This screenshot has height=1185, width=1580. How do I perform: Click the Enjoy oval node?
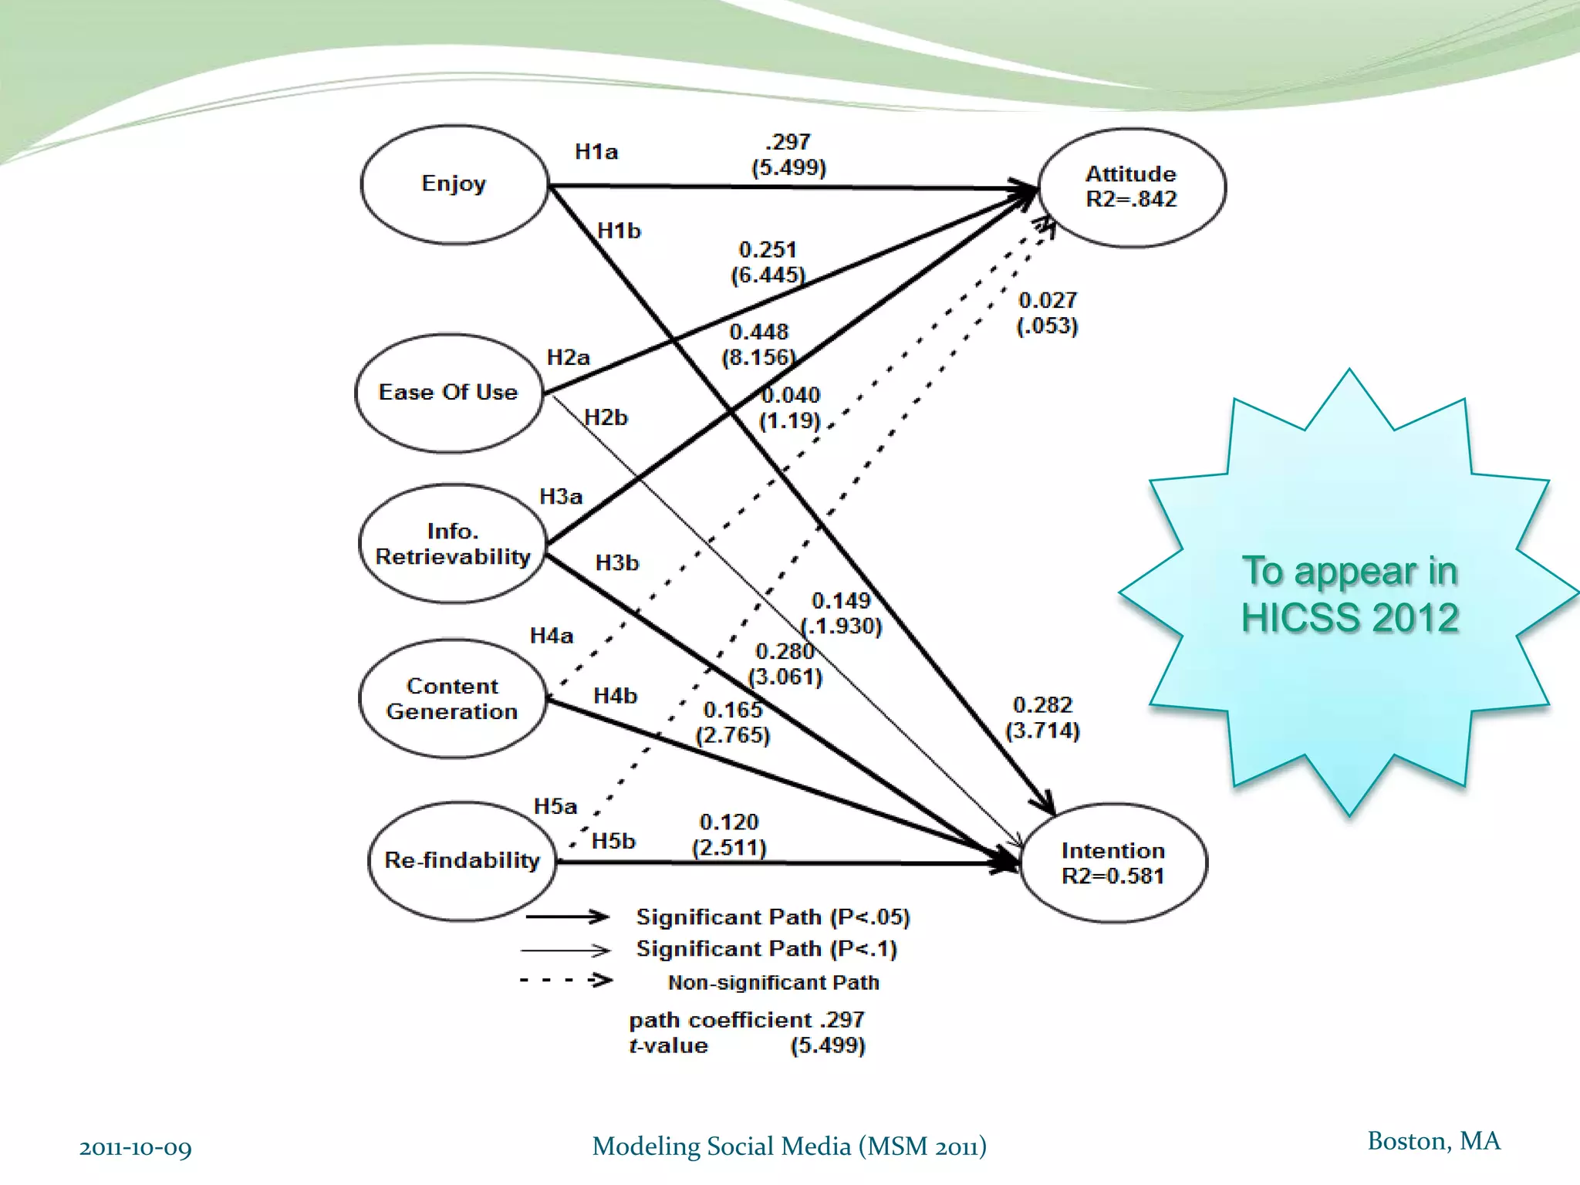click(x=454, y=184)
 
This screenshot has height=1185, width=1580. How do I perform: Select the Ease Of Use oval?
click(x=448, y=393)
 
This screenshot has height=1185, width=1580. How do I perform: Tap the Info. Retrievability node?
click(x=453, y=544)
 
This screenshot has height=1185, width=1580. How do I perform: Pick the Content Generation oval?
click(x=452, y=699)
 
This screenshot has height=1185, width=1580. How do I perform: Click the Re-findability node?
click(x=462, y=860)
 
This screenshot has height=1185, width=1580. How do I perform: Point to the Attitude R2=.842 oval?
click(x=1132, y=187)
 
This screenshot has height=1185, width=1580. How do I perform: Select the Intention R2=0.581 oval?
click(x=1113, y=863)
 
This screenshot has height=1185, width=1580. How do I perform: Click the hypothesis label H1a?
click(x=596, y=152)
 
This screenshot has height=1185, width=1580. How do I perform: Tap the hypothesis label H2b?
click(x=606, y=417)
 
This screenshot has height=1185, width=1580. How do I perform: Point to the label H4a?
click(x=552, y=636)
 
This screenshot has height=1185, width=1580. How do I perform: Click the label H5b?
click(x=613, y=841)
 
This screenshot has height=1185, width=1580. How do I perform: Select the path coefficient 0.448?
click(x=759, y=332)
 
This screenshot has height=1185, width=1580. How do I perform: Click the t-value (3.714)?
click(x=1042, y=731)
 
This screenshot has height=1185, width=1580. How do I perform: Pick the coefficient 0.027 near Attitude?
click(x=1047, y=300)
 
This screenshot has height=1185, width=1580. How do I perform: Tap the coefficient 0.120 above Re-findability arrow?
click(x=729, y=822)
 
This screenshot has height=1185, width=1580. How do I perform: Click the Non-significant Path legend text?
click(x=773, y=982)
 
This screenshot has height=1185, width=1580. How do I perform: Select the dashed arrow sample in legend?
click(x=566, y=981)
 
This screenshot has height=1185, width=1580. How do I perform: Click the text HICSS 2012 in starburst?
click(x=1349, y=618)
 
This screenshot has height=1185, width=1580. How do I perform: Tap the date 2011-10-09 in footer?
click(x=135, y=1148)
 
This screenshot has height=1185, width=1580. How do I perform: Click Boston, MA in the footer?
click(x=1433, y=1141)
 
